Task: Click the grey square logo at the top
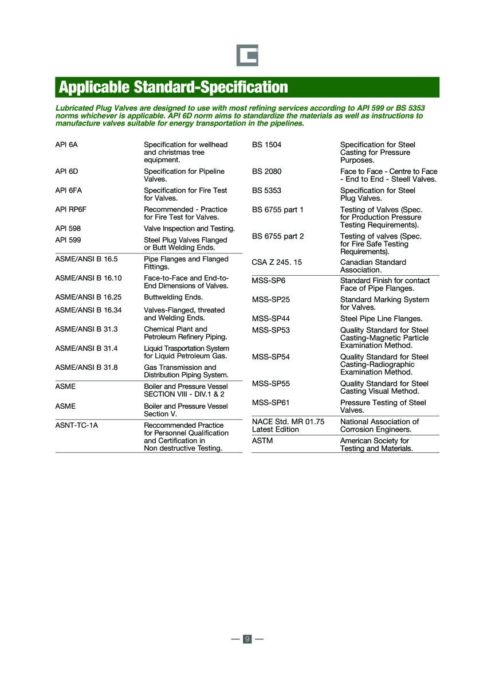click(x=247, y=55)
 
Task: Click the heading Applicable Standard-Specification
click(x=174, y=87)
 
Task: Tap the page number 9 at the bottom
click(x=247, y=639)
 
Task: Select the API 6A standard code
click(x=66, y=144)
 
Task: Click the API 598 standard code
click(x=68, y=228)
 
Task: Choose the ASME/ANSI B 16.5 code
click(x=87, y=259)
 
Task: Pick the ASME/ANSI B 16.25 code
click(x=88, y=297)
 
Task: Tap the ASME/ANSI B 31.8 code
click(x=87, y=368)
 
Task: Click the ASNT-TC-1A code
click(x=77, y=425)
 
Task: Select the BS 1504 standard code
click(x=267, y=144)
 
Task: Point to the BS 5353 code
click(x=267, y=190)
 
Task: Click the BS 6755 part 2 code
click(x=278, y=236)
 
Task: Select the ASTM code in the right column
click(x=263, y=441)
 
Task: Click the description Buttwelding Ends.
click(x=174, y=297)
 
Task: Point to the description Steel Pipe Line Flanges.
click(x=382, y=318)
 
